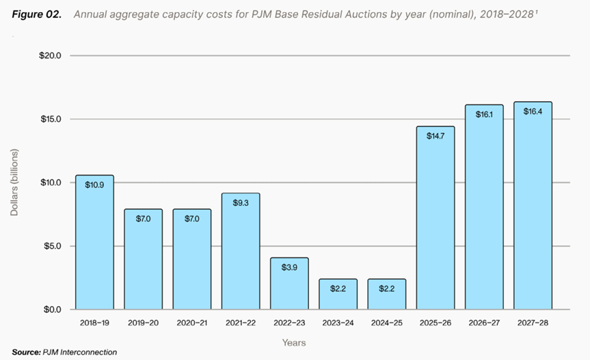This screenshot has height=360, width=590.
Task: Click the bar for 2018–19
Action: coord(94,243)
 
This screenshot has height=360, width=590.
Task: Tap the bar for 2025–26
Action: coord(435,219)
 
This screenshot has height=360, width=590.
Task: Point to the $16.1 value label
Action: coord(484,115)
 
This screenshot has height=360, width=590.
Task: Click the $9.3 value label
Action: coord(241,203)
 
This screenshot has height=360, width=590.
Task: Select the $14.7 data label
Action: coord(435,136)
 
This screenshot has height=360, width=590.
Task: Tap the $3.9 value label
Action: coord(289,267)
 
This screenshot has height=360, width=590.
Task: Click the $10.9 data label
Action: coord(94,184)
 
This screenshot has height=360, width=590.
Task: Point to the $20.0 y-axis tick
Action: coord(51,55)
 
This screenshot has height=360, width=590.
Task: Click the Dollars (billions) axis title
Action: coord(14,182)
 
